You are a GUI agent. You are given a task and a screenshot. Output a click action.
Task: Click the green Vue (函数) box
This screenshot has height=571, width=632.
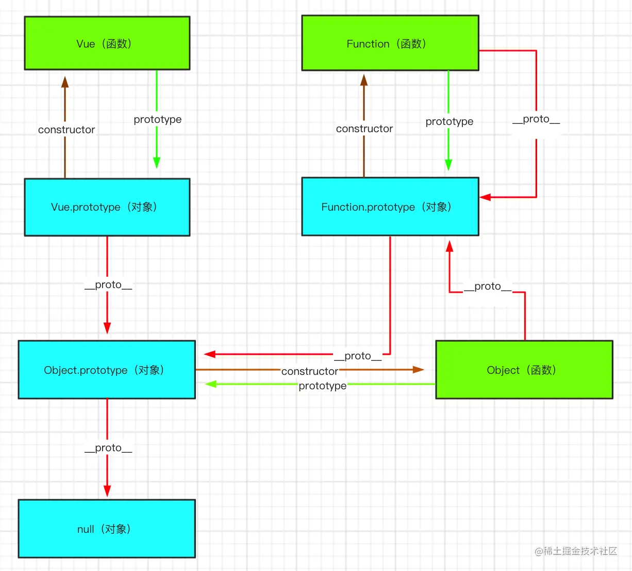(x=107, y=43)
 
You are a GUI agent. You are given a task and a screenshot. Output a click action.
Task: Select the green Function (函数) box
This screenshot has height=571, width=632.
(x=390, y=43)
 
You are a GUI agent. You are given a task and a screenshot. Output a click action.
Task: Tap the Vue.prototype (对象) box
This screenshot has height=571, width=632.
(x=107, y=207)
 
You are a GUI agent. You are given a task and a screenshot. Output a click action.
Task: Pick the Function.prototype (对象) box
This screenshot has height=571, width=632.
(x=390, y=207)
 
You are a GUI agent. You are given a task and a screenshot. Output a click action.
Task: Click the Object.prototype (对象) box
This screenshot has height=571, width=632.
(x=107, y=370)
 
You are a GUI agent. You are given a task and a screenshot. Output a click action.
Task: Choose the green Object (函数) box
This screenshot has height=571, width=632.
(x=524, y=370)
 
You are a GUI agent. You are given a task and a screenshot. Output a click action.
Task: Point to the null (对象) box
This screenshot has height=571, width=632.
(x=107, y=529)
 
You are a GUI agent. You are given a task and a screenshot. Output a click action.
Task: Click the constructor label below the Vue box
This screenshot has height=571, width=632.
(x=66, y=130)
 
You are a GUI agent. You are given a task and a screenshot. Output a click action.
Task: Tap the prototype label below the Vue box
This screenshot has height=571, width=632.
(x=157, y=119)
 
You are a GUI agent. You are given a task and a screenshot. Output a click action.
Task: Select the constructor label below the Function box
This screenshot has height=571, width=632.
(x=364, y=129)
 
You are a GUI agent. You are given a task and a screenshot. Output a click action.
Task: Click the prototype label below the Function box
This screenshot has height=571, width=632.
(x=449, y=121)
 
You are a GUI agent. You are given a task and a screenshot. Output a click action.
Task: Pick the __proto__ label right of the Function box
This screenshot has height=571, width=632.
(x=536, y=119)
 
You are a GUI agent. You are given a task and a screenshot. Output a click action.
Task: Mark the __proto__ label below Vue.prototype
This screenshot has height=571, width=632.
(x=108, y=284)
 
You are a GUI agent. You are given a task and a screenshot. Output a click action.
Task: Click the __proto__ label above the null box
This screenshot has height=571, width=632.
(x=108, y=448)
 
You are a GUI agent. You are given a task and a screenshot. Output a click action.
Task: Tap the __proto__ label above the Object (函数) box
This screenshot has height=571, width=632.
(x=488, y=286)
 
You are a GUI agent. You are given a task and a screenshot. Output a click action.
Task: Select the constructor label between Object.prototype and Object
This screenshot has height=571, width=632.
(x=310, y=371)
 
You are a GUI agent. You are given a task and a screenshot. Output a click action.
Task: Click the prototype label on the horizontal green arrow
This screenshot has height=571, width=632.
(x=323, y=386)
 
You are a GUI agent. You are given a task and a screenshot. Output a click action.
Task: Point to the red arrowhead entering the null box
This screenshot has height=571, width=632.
(x=107, y=491)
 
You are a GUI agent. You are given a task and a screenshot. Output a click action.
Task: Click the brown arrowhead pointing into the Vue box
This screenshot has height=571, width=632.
(x=65, y=82)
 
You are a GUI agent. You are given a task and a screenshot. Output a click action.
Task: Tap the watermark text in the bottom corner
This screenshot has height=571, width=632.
(x=576, y=551)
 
